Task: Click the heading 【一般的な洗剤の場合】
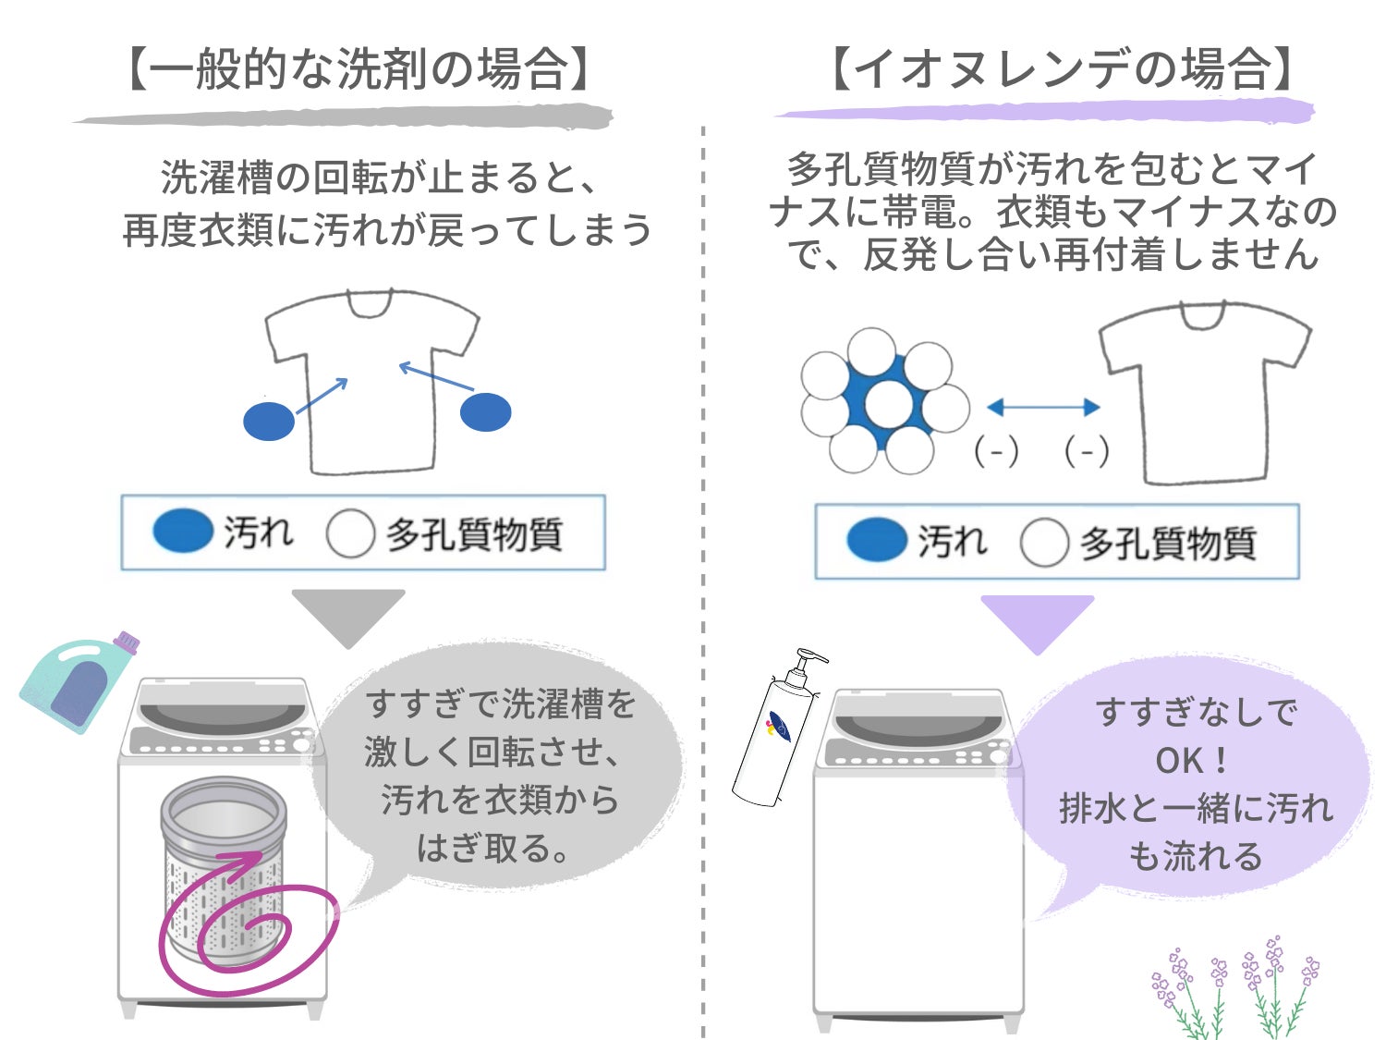click(358, 69)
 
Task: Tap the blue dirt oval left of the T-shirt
click(269, 421)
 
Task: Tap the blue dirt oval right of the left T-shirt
click(486, 411)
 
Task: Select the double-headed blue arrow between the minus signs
click(1043, 408)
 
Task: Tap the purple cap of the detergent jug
click(127, 641)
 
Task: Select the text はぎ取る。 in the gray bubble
click(492, 848)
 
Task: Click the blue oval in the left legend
click(182, 531)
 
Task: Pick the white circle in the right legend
click(1044, 542)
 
